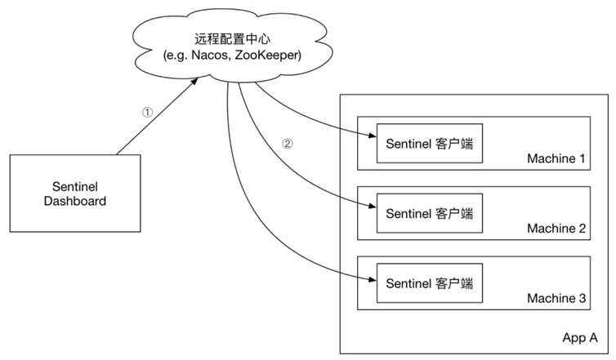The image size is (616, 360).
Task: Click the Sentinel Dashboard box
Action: pos(74,193)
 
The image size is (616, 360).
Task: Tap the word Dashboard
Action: pos(74,201)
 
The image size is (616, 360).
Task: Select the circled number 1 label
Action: pos(147,113)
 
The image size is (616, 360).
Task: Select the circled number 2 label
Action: pos(287,143)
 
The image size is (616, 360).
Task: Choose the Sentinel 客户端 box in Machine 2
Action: pos(425,212)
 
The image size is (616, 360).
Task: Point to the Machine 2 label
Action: pos(556,229)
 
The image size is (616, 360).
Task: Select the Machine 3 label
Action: pos(556,299)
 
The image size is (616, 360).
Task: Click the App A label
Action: pos(580,337)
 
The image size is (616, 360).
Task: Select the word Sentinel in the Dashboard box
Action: pos(74,186)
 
